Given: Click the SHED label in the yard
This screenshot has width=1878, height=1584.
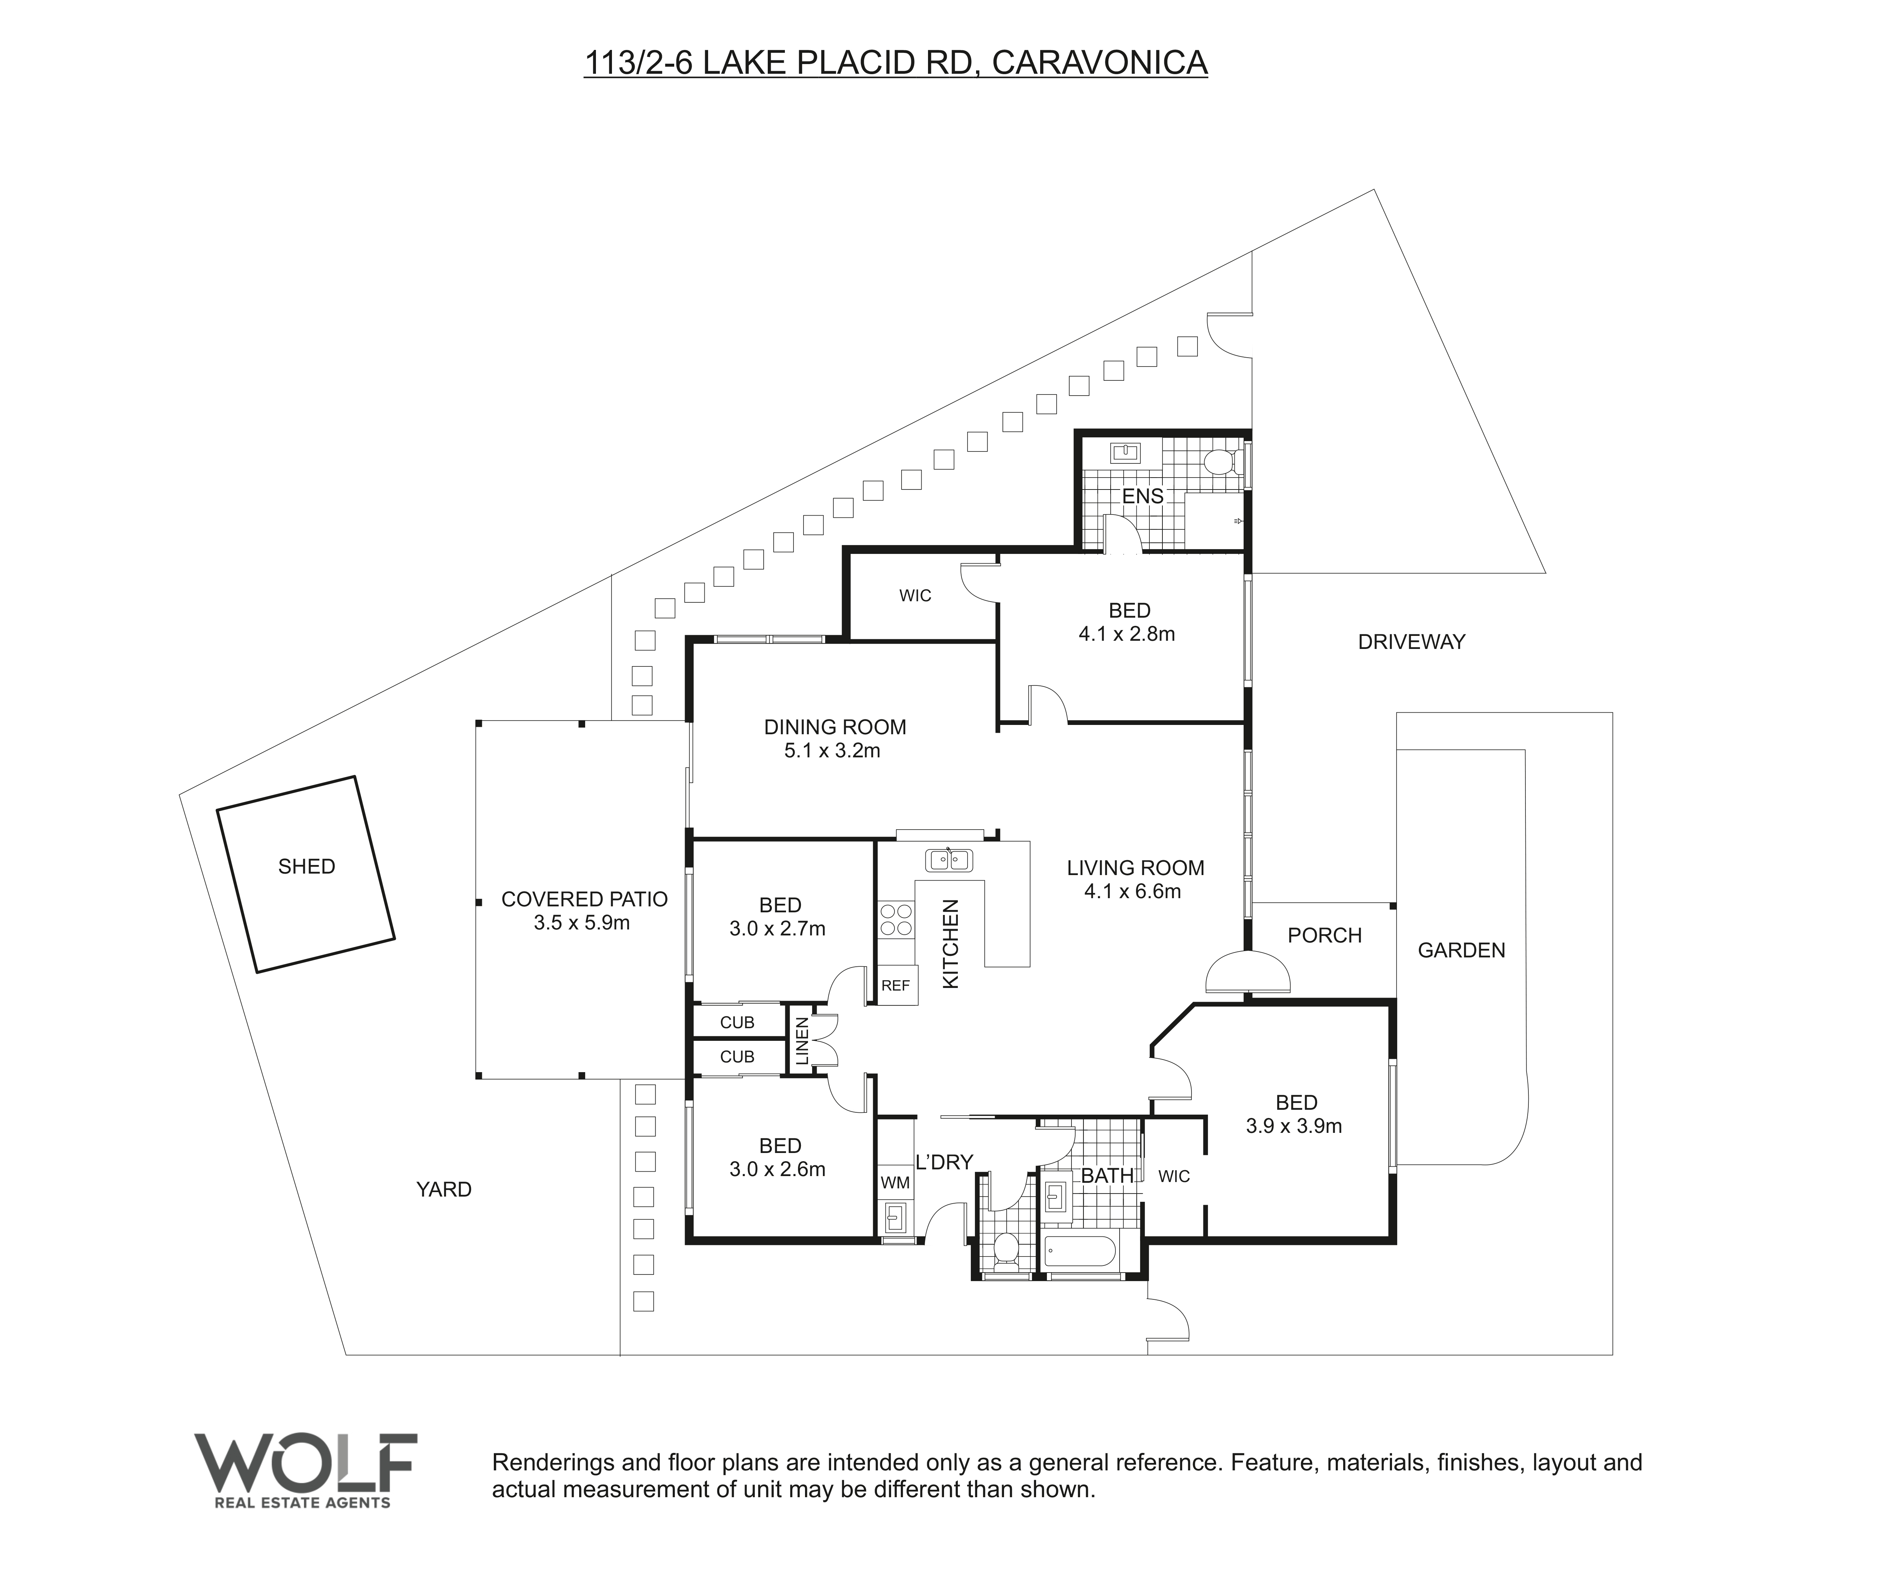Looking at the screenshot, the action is coord(306,867).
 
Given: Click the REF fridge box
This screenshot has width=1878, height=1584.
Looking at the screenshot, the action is coord(896,985).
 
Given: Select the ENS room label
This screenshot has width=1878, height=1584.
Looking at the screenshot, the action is coord(1142,496).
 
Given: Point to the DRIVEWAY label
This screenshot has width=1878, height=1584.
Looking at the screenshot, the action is coord(1411,642).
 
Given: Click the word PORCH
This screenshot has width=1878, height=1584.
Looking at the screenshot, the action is coord(1325,936).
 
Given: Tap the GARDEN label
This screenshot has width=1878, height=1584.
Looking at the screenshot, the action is coord(1461,950).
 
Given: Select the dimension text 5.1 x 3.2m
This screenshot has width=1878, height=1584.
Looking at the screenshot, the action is coord(833,751).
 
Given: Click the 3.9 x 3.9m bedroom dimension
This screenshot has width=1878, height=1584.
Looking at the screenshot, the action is coord(1294,1126).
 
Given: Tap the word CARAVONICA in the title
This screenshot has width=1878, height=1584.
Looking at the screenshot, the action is coord(1100,63).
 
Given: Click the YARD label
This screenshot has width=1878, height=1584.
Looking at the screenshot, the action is coord(444,1190).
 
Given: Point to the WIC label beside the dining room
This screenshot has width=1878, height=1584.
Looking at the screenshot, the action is coord(915,595).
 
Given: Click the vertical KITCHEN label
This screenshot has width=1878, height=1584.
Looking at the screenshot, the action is coord(950,944).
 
